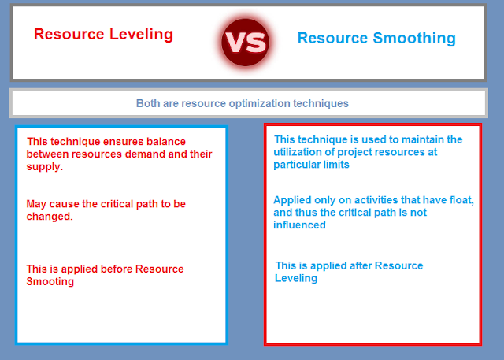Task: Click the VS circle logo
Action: pyautogui.click(x=245, y=42)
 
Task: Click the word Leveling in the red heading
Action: pyautogui.click(x=141, y=35)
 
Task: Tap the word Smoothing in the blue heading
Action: pyautogui.click(x=414, y=39)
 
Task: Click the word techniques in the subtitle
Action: pyautogui.click(x=321, y=104)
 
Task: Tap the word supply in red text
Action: pyautogui.click(x=43, y=167)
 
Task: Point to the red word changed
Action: pyautogui.click(x=49, y=217)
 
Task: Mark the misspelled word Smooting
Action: pyautogui.click(x=50, y=282)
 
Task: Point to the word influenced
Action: pyautogui.click(x=299, y=225)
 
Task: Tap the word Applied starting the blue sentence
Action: pyautogui.click(x=292, y=201)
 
